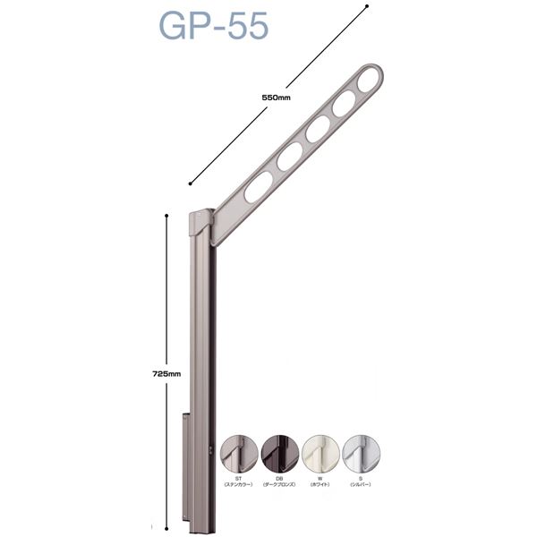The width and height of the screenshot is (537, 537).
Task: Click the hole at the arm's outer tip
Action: coord(368,81)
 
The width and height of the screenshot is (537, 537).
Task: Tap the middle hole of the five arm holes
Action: coord(317,130)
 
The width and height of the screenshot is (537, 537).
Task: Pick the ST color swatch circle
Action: coord(238,456)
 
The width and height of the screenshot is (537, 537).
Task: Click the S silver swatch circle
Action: coord(362,456)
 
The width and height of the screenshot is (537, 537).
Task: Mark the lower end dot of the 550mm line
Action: coord(191,183)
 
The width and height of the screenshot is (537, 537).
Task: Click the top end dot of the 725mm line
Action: coord(166,216)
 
